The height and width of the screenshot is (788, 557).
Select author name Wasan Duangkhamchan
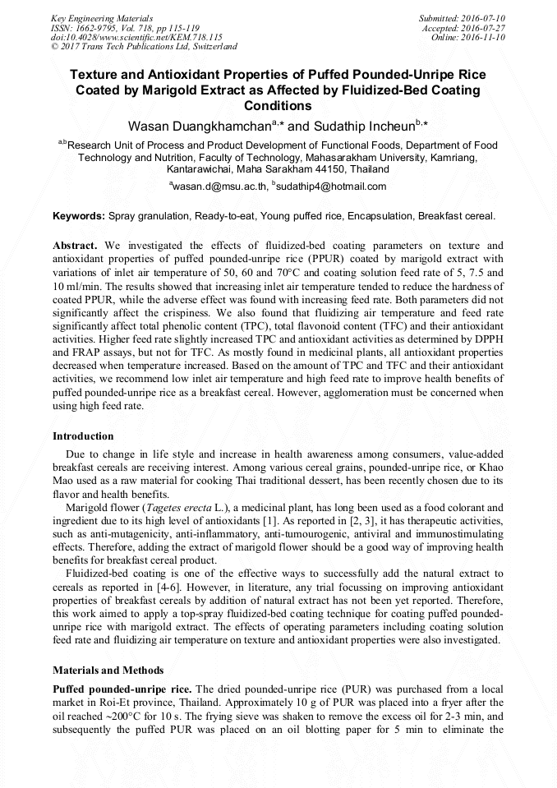pos(197,127)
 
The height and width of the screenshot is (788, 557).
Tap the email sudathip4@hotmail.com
pos(331,187)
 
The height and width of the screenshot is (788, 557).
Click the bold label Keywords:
pos(79,217)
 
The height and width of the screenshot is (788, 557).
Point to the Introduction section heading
pos(83,435)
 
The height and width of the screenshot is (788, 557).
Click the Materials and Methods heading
pos(108,670)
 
